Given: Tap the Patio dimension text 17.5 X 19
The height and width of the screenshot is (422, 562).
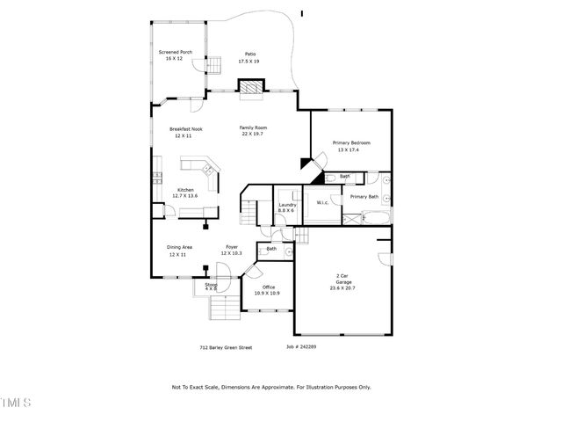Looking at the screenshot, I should [x=249, y=62].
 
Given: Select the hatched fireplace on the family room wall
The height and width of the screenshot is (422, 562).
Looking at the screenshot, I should [x=252, y=87].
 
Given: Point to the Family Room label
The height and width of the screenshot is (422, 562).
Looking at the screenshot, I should [x=253, y=127].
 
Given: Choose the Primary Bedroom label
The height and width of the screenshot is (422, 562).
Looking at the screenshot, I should [x=350, y=142].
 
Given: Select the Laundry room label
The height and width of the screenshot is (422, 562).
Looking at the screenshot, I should [x=287, y=205].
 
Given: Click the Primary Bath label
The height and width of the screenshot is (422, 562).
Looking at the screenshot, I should [x=364, y=197].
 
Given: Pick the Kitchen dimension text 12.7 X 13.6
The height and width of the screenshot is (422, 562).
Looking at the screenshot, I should [x=185, y=196].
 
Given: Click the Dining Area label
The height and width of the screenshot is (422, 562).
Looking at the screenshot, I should [x=181, y=247].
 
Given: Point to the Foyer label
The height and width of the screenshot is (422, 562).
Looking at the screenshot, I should [x=232, y=247].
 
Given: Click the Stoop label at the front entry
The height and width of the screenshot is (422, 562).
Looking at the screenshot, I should [x=211, y=284].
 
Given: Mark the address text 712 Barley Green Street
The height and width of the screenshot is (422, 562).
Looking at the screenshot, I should [x=226, y=347].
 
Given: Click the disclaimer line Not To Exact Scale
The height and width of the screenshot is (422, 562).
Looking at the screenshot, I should [x=270, y=387].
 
